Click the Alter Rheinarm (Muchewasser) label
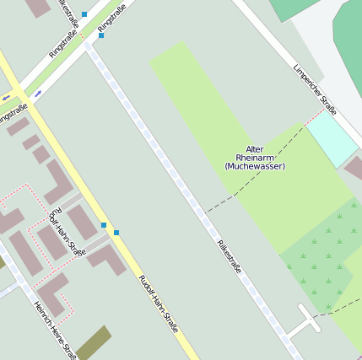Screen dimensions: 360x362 click(255, 158)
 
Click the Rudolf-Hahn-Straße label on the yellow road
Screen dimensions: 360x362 click(158, 304)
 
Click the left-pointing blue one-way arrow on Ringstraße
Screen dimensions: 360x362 click(7, 97)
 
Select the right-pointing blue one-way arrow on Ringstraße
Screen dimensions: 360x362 click(38, 94)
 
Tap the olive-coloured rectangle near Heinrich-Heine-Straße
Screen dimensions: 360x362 click(93, 342)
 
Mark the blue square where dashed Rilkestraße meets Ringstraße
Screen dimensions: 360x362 click(101, 35)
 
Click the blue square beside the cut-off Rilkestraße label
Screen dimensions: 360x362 click(84, 14)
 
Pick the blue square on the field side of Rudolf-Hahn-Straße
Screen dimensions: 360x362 click(116, 233)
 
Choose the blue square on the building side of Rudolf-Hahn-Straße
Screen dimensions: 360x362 click(104, 225)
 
